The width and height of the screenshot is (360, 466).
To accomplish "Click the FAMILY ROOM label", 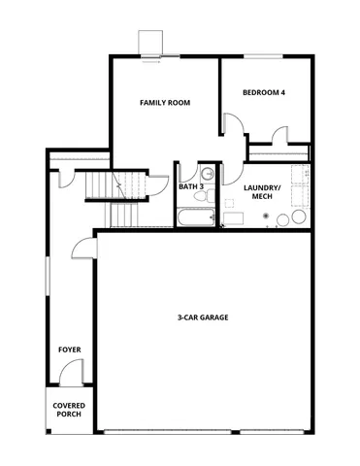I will click(x=163, y=102).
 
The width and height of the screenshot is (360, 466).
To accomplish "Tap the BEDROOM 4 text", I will click(x=263, y=93).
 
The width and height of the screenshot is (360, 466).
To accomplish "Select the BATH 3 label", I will click(x=190, y=185).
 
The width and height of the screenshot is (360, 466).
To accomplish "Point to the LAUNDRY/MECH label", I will click(x=262, y=190).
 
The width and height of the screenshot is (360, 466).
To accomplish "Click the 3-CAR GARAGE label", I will click(x=203, y=317).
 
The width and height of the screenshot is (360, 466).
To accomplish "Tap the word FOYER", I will click(x=69, y=349).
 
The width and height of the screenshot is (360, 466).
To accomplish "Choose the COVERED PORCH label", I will click(x=68, y=411).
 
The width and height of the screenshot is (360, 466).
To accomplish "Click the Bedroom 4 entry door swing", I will click(x=233, y=125).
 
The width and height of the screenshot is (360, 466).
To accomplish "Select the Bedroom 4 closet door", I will click(x=281, y=136).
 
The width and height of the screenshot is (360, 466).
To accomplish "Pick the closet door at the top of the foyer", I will click(x=66, y=178).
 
